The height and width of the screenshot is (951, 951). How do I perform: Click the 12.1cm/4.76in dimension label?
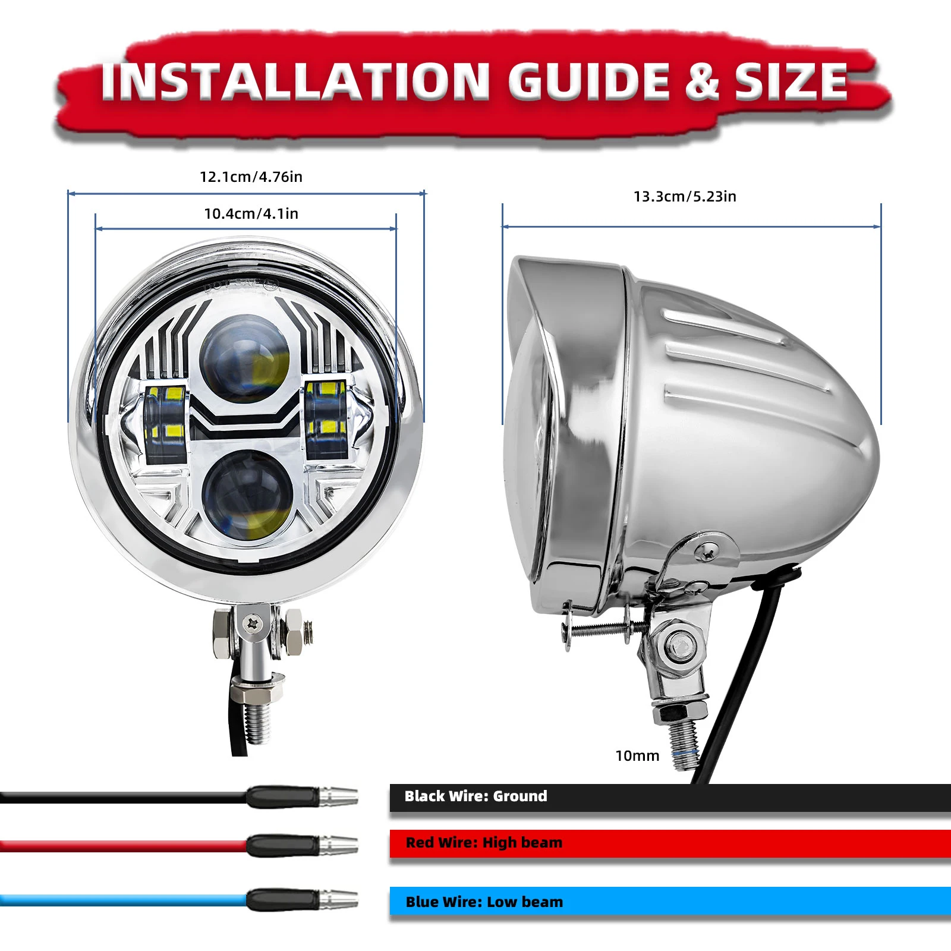pyautogui.click(x=251, y=177)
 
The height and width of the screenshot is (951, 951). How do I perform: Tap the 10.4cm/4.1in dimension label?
pyautogui.click(x=251, y=214)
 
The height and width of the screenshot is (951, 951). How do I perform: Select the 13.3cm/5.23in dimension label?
pyautogui.click(x=685, y=197)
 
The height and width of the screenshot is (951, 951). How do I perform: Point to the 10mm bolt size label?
pyautogui.click(x=637, y=755)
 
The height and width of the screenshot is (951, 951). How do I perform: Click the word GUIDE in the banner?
pyautogui.click(x=588, y=82)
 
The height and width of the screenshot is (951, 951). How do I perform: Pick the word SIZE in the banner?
pyautogui.click(x=791, y=82)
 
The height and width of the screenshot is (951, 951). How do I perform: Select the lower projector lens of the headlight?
pyautogui.click(x=247, y=495)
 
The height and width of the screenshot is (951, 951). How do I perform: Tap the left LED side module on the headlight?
pyautogui.click(x=165, y=423)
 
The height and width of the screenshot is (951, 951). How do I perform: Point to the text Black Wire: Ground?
pyautogui.click(x=475, y=796)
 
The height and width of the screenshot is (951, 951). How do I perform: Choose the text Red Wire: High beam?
pyautogui.click(x=484, y=842)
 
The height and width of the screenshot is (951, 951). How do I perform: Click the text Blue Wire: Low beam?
pyautogui.click(x=484, y=902)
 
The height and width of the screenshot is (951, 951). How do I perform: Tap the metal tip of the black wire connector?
pyautogui.click(x=339, y=796)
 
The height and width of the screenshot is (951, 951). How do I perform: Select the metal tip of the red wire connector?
pyautogui.click(x=339, y=845)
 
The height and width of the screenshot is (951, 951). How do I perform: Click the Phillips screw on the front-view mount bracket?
pyautogui.click(x=254, y=623)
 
